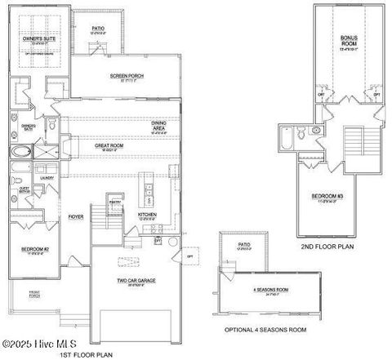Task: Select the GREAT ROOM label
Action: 109,146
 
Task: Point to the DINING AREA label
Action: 160,125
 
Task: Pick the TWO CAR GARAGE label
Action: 136,280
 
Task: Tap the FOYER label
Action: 75,216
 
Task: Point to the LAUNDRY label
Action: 46,176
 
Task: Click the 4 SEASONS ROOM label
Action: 271,290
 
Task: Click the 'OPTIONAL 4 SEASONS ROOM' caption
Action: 265,329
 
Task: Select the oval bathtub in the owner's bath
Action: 19,152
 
